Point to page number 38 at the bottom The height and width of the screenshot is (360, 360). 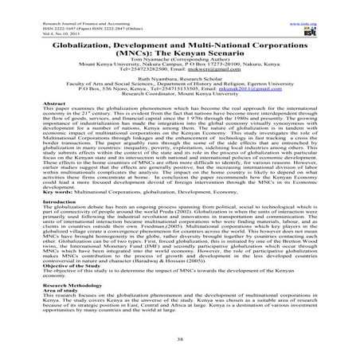click(179, 338)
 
